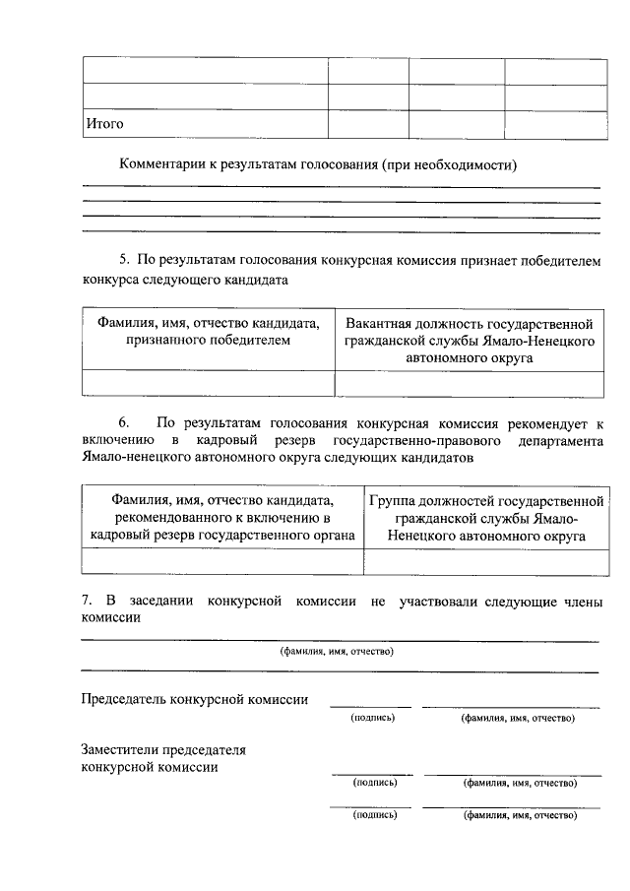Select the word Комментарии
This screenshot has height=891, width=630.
pyautogui.click(x=161, y=164)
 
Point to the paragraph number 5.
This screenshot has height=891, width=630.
pyautogui.click(x=124, y=260)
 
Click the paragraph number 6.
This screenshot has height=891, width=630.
pyautogui.click(x=124, y=422)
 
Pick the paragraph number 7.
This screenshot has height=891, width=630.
pyautogui.click(x=87, y=601)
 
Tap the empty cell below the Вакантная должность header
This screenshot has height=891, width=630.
pyautogui.click(x=470, y=383)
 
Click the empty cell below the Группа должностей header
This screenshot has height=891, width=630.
pyautogui.click(x=483, y=561)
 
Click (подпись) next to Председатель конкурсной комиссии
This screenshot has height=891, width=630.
pyautogui.click(x=372, y=719)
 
